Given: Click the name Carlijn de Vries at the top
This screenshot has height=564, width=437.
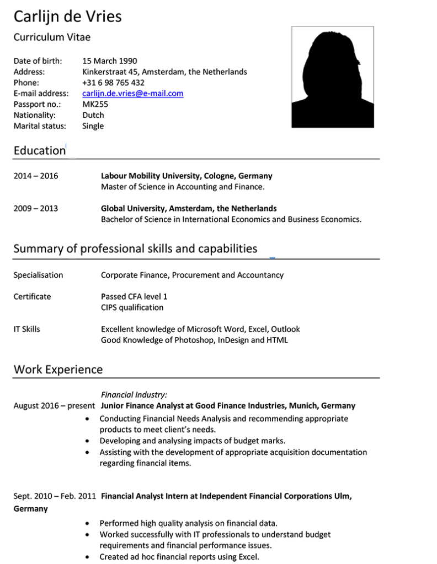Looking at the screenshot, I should pos(67,17).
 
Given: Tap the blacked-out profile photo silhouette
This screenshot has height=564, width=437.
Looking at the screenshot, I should pos(332,80).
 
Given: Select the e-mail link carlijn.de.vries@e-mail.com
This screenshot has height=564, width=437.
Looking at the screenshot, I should pos(132,94).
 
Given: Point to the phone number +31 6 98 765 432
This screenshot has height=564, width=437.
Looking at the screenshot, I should pos(113,83).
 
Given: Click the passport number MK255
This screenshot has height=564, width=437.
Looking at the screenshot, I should pos(95,104).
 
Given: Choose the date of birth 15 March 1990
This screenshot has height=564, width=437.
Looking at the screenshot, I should pos(109,61).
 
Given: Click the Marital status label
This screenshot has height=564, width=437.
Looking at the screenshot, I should pos(39,126).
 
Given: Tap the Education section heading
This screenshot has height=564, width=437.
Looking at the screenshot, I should pos(39,150).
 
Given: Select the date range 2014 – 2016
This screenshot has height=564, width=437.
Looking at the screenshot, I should pos(35,176).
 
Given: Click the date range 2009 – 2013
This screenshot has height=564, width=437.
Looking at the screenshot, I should pos(35,209).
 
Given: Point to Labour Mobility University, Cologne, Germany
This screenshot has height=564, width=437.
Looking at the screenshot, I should pos(186,176).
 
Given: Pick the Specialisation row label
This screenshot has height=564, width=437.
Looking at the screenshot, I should pos(38,275).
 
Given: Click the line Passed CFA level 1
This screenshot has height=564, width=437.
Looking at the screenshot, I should pos(134,297).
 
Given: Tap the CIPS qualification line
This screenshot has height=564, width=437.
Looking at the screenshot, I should pos(132,307).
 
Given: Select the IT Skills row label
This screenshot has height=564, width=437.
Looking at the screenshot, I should pos(26,329).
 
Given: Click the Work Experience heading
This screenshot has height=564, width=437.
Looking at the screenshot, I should pos(58,369).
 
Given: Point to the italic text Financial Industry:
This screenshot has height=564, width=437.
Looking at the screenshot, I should pos(134,395).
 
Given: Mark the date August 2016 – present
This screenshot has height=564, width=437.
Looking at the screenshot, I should pos(54,406).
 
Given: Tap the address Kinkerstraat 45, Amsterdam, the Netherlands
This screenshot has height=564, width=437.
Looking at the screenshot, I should pos(164,72).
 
